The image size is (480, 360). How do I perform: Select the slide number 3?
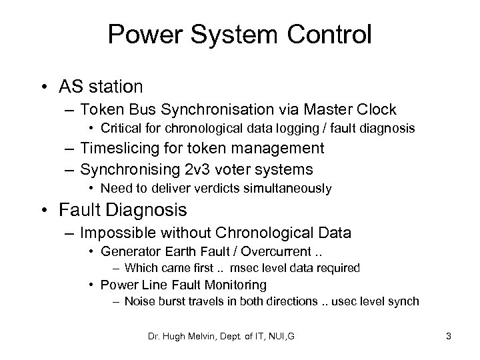[x=449, y=337]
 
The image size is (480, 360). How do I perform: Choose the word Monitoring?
[x=229, y=285]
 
